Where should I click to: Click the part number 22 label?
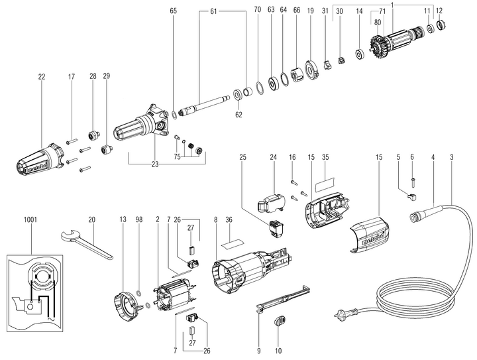click(41, 78)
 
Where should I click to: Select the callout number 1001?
click(30, 218)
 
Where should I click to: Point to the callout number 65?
click(174, 12)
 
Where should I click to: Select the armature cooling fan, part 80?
click(382, 47)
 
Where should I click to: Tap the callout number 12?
click(439, 12)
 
